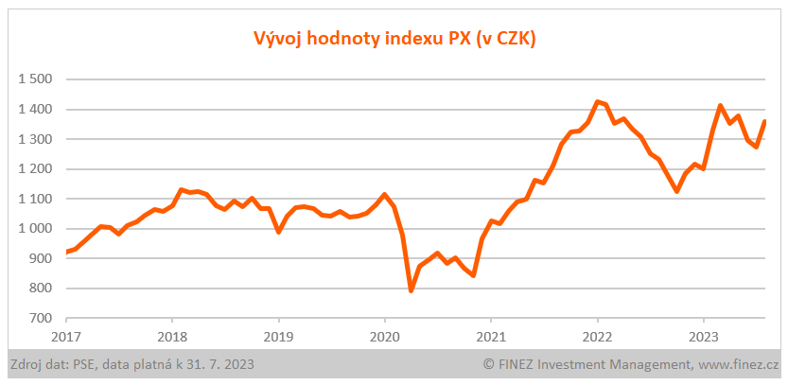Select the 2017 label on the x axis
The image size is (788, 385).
tap(66, 336)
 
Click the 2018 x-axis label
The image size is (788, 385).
tap(172, 336)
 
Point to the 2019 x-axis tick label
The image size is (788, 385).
tap(278, 336)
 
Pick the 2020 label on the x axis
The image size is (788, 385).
tap(384, 336)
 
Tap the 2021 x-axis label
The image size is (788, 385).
tap(491, 336)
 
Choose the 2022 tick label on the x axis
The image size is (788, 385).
tap(597, 336)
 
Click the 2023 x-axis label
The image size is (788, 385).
tap(703, 336)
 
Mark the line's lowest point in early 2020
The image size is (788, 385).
tap(411, 290)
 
